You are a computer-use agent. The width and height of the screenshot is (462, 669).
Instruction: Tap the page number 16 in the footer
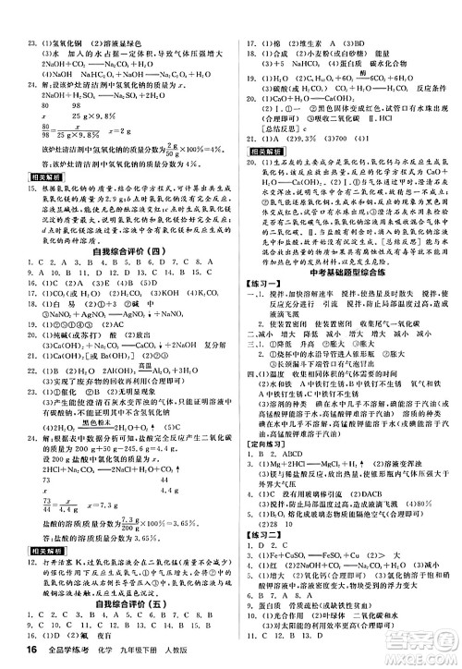(x=14, y=653)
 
